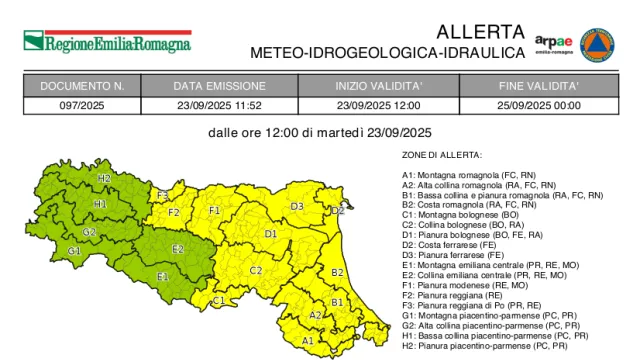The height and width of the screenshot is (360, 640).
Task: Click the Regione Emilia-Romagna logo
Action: [x=107, y=43]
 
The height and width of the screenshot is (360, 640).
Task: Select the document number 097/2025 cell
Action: [x=82, y=105]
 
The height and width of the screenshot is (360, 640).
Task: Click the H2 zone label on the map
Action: [x=104, y=178]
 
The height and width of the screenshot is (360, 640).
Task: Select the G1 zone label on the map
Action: [x=74, y=250]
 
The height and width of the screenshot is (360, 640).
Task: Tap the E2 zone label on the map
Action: [x=177, y=248]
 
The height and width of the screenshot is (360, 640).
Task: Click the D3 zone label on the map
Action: [x=297, y=206]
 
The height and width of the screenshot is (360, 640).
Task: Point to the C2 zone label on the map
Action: [x=256, y=270]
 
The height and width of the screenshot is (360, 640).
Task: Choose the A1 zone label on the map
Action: [x=308, y=340]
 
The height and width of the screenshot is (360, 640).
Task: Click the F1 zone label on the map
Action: [x=214, y=210]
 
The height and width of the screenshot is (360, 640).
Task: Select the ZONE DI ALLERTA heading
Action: [x=442, y=155]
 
